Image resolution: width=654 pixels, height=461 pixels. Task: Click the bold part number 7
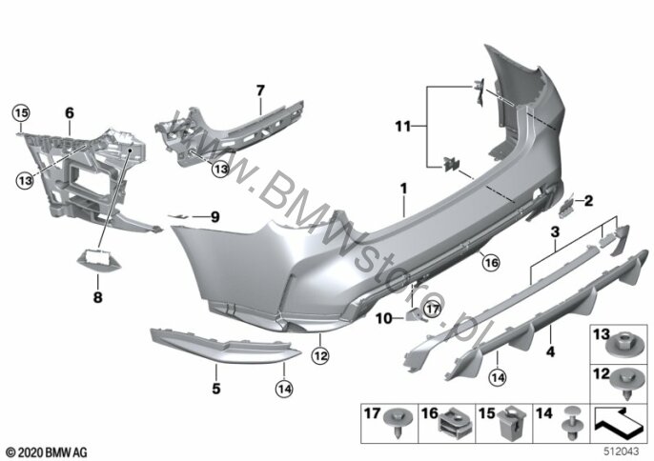[x=260, y=90]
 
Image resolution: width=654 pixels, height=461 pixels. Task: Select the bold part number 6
[x=70, y=113]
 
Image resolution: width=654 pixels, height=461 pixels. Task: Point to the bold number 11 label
[x=403, y=126]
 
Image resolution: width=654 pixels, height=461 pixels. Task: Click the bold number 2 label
[x=588, y=201]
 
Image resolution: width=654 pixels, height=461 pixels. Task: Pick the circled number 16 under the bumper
[x=490, y=263]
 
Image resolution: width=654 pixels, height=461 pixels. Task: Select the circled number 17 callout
[x=433, y=310]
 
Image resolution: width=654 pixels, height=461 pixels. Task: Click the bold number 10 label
[x=383, y=319]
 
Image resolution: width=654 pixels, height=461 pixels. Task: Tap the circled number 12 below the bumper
[x=320, y=356]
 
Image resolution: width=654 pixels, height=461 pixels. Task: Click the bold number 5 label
[x=216, y=389]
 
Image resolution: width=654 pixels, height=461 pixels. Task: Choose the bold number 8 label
[x=97, y=297]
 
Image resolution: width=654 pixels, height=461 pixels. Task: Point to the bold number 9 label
[x=215, y=217]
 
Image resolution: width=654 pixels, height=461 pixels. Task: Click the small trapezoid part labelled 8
[x=99, y=260]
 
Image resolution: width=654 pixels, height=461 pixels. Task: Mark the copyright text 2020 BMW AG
[x=47, y=452]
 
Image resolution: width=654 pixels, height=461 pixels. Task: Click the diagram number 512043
[x=622, y=451]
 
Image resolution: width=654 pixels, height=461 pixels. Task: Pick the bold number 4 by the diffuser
[x=551, y=351]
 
